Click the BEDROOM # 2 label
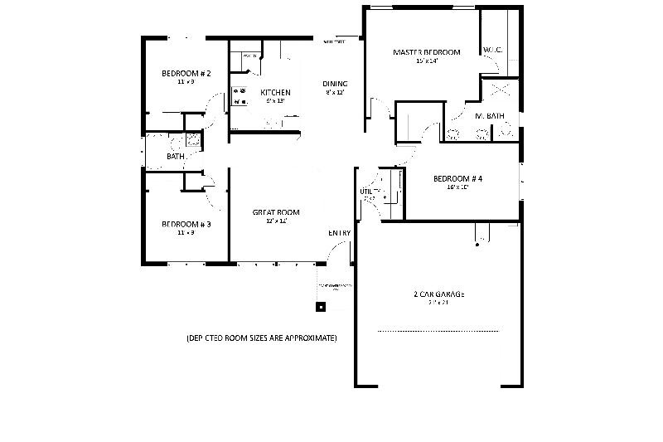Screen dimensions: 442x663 point(186,74)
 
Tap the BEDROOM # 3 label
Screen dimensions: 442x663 point(186,224)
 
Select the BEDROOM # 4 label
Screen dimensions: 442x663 point(457,178)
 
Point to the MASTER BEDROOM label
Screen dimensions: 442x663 point(426,52)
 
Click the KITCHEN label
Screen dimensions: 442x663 point(275,92)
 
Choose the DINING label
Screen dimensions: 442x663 point(335,84)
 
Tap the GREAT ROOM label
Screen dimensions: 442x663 point(276,212)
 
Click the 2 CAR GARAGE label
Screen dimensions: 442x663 point(438,294)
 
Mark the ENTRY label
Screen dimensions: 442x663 point(340,233)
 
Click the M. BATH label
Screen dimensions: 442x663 point(490,116)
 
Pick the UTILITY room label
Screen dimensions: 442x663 point(368,192)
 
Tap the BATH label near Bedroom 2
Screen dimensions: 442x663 point(176,156)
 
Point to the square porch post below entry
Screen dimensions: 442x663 point(321,306)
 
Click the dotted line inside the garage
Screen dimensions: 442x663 point(438,331)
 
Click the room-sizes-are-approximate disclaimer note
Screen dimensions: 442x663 point(261,338)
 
